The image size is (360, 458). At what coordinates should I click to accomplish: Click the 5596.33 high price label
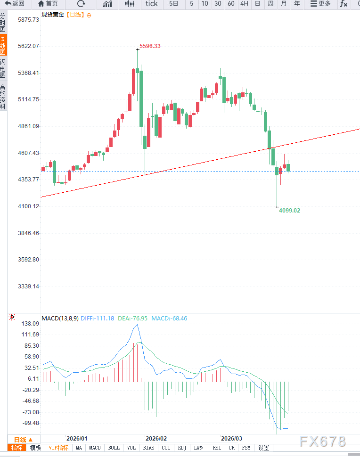click(x=150, y=46)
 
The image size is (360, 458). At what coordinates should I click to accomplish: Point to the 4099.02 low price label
click(x=289, y=211)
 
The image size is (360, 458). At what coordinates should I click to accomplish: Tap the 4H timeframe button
click(x=244, y=4)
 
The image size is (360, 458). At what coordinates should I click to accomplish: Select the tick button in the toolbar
click(x=152, y=4)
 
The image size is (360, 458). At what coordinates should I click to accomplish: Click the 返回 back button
click(x=15, y=4)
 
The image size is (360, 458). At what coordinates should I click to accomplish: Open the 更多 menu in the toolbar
click(x=320, y=4)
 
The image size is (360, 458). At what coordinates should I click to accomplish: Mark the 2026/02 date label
click(x=156, y=438)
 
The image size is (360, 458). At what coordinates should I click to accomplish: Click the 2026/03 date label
click(x=231, y=438)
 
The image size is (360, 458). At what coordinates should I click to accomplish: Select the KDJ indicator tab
click(x=182, y=448)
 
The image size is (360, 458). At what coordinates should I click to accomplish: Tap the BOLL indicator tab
click(x=114, y=448)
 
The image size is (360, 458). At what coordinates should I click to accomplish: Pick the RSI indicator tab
click(x=217, y=448)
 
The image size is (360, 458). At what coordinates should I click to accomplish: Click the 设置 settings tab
click(x=263, y=448)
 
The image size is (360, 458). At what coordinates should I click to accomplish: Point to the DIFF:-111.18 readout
click(x=97, y=319)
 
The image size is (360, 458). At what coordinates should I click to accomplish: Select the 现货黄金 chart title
click(x=52, y=15)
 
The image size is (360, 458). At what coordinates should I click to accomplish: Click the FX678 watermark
click(x=323, y=442)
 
